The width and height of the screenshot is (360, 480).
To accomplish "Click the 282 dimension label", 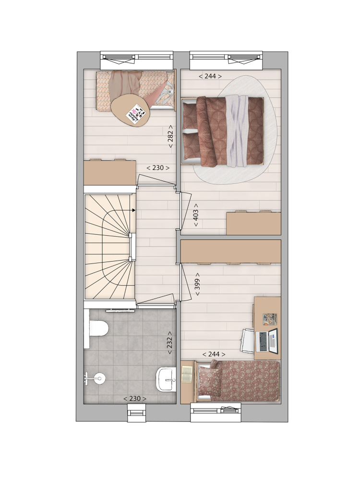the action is (x=170, y=136).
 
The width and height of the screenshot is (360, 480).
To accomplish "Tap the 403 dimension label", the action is (x=196, y=215).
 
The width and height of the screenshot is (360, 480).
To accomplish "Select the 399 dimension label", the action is (x=197, y=284).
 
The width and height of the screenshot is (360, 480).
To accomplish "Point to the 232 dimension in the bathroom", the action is (x=169, y=343).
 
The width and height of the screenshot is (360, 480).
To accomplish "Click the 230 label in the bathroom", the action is (x=135, y=398).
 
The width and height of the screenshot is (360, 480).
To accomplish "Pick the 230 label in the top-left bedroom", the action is (x=158, y=168).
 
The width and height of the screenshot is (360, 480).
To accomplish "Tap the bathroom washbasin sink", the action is (x=166, y=380).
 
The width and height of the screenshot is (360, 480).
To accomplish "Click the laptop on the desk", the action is (x=266, y=340).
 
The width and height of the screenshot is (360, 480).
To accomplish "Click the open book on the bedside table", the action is (x=187, y=374).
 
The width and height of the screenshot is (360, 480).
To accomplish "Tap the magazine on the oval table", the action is (x=135, y=113).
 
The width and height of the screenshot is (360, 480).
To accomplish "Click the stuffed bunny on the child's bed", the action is (x=166, y=94).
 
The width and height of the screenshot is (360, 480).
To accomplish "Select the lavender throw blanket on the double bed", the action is (x=237, y=132).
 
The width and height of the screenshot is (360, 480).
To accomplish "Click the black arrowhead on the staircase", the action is (x=133, y=210).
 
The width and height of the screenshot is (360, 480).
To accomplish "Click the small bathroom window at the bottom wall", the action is (x=137, y=413).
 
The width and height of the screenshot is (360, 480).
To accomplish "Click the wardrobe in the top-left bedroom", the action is (x=110, y=172).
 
